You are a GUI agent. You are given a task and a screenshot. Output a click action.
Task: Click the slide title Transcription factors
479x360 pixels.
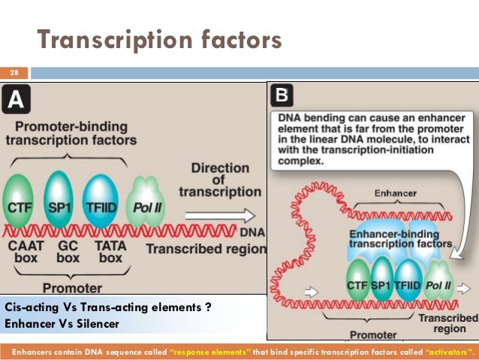point(159,39)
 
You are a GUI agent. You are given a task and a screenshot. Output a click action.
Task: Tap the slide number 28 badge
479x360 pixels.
point(14,73)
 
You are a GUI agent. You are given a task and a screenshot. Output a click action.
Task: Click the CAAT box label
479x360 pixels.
point(22,251)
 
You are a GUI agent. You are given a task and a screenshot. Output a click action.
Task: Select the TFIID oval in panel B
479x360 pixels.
point(409,286)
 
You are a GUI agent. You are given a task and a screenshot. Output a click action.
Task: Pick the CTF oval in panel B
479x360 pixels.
point(357,286)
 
